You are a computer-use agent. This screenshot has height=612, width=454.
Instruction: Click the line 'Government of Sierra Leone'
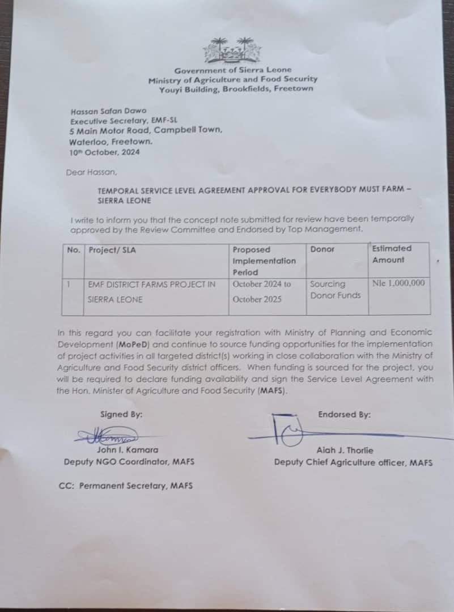233,70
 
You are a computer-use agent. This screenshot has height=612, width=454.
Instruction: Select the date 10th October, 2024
104,152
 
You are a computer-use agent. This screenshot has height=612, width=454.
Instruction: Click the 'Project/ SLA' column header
112,250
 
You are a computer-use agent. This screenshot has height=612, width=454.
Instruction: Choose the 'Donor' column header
323,249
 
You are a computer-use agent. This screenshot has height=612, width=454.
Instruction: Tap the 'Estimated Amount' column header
392,254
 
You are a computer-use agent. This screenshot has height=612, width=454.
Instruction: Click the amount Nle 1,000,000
398,283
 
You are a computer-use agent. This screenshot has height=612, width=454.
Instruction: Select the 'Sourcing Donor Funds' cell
335,289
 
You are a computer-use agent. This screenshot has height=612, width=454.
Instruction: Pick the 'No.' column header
74,250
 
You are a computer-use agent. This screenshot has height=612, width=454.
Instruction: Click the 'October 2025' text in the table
257,299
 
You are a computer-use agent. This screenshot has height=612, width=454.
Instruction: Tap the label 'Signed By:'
121,414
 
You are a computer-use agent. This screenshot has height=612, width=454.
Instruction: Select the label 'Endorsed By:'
344,414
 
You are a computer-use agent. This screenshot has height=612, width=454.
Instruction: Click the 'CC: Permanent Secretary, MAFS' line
125,486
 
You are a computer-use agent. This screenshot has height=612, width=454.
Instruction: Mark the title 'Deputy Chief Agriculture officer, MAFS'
353,462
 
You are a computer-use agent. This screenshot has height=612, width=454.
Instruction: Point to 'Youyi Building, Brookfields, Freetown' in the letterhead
236,89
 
